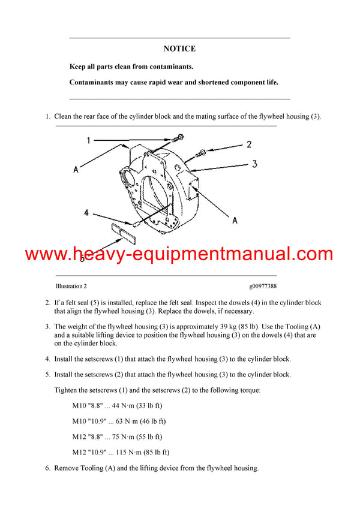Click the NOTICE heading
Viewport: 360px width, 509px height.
coord(179,49)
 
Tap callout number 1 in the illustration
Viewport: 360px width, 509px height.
coord(88,141)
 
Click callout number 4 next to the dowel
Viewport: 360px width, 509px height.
coord(86,212)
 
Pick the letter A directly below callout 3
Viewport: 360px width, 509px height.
coord(235,221)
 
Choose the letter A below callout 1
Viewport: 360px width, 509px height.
coord(76,170)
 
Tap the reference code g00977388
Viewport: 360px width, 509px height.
coord(263,287)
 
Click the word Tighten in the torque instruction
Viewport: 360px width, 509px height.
coord(68,390)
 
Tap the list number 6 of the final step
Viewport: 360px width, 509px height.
coord(48,468)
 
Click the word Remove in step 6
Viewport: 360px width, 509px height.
coord(67,468)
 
